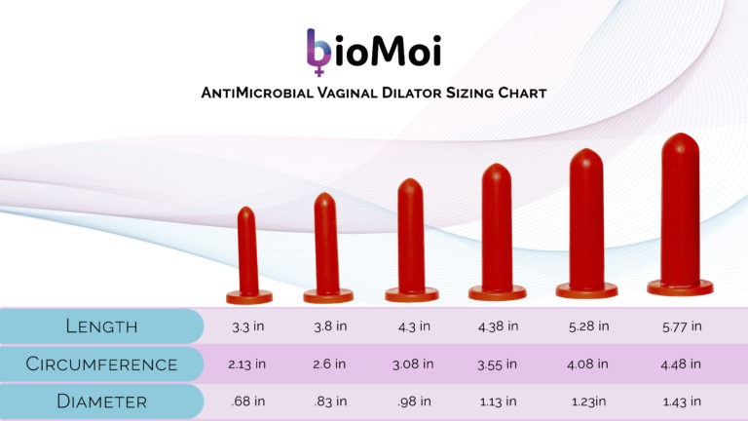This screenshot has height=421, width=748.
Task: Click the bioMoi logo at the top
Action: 373,52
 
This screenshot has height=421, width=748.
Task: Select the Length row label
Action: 101,325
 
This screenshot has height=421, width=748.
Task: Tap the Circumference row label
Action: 101,364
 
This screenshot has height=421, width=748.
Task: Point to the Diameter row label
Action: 101,402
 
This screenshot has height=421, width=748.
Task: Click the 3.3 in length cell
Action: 248,325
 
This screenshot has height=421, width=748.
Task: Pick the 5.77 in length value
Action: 680,325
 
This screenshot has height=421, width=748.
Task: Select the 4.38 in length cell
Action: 497,325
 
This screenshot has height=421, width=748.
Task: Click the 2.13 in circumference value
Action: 248,364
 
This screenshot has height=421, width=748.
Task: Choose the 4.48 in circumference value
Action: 680,364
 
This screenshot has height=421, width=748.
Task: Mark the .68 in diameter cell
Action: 248,402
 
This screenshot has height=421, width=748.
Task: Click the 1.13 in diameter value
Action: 497,402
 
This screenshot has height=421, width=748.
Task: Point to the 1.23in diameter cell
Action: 586,402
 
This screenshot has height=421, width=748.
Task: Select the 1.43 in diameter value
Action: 680,402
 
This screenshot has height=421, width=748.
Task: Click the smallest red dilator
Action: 248,253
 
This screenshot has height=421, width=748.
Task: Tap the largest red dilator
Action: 680,214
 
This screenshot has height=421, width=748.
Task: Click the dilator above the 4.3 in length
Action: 411,239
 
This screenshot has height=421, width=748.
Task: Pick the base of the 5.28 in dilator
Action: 586,289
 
